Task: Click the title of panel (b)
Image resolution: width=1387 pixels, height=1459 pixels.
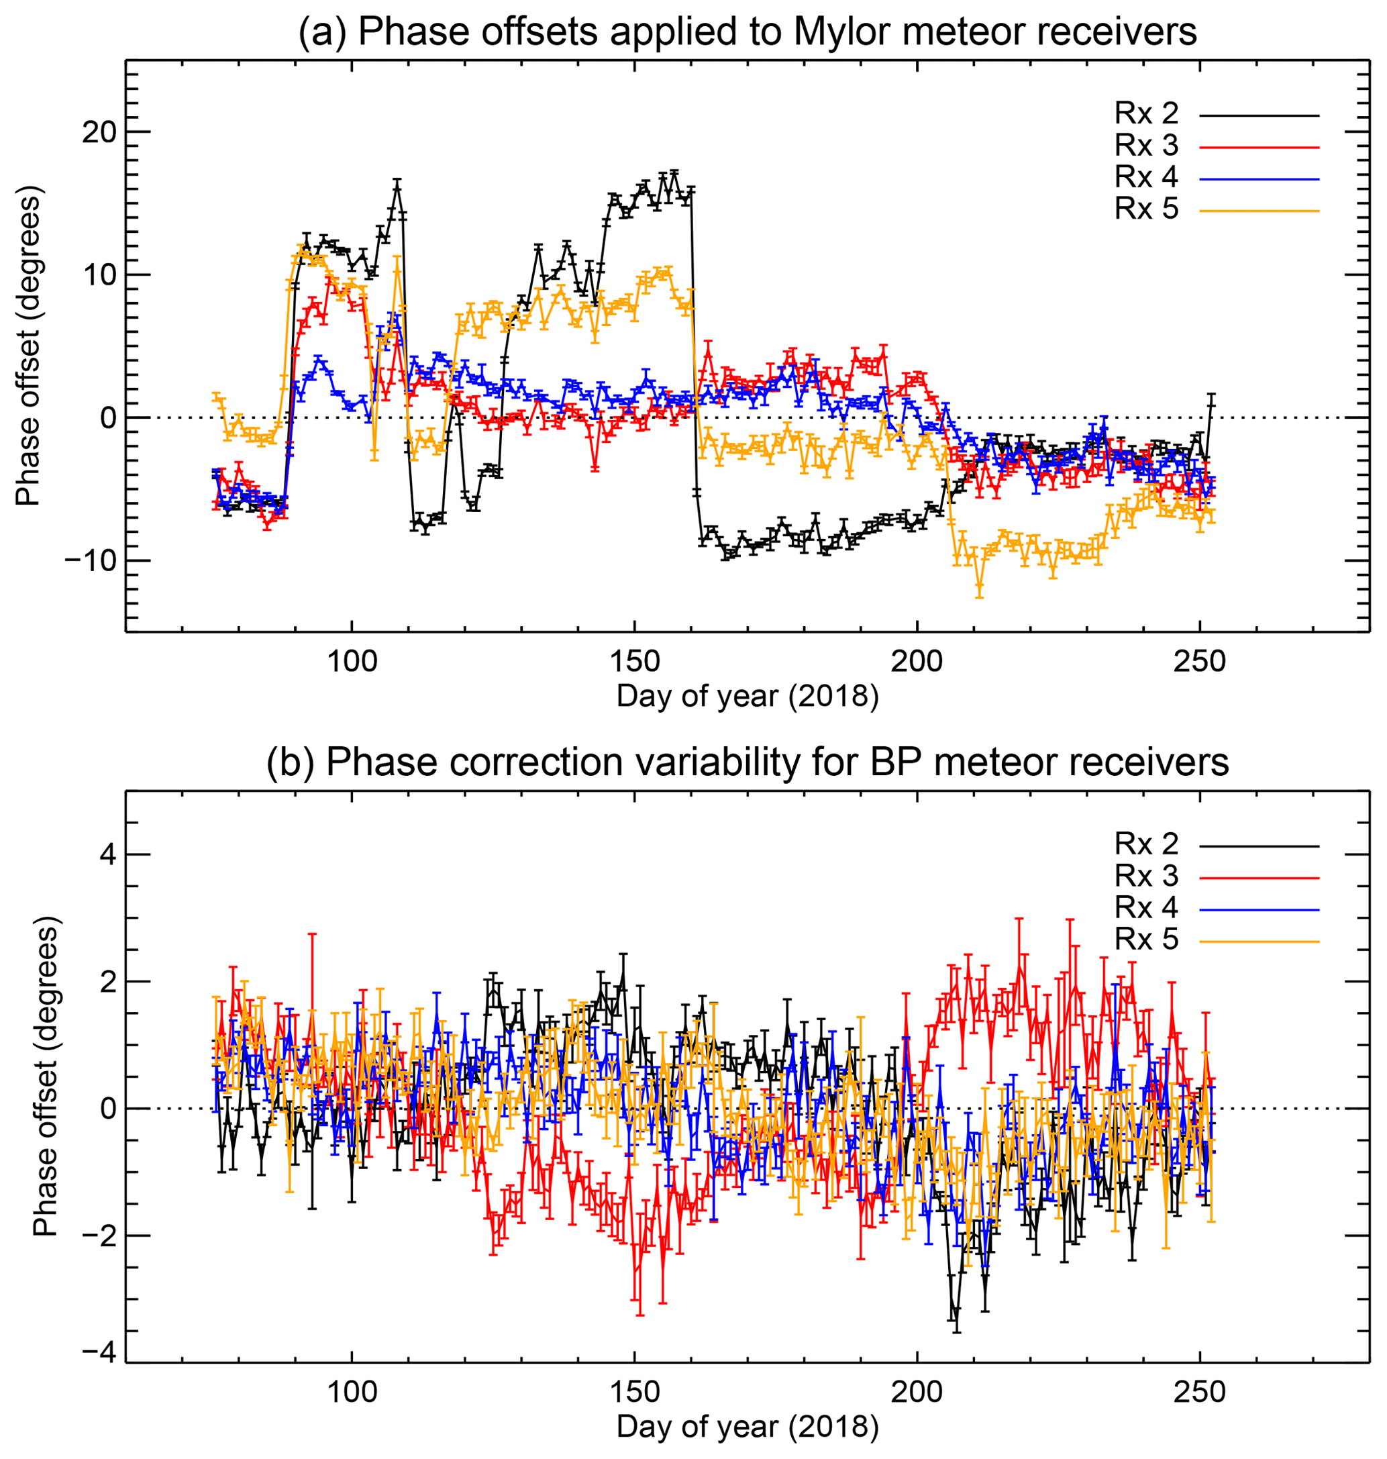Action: [x=747, y=762]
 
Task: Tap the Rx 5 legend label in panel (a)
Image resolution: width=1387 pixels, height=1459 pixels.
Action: [x=1147, y=209]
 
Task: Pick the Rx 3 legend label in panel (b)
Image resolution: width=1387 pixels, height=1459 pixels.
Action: [x=1147, y=876]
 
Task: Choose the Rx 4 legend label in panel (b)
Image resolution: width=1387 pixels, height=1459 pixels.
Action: [x=1147, y=907]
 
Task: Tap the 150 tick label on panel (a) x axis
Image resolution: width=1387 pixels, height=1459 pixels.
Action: [x=634, y=661]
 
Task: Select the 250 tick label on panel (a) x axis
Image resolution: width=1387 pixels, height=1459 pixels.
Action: [x=1200, y=661]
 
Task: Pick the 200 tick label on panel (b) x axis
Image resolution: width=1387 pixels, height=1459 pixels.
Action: [x=917, y=1393]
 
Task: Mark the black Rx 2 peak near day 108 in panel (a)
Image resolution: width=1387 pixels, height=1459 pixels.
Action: [x=397, y=184]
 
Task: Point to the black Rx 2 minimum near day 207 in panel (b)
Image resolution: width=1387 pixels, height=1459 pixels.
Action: [x=957, y=1311]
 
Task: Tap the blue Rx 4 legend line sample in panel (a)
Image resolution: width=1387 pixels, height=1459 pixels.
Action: [x=1259, y=179]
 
